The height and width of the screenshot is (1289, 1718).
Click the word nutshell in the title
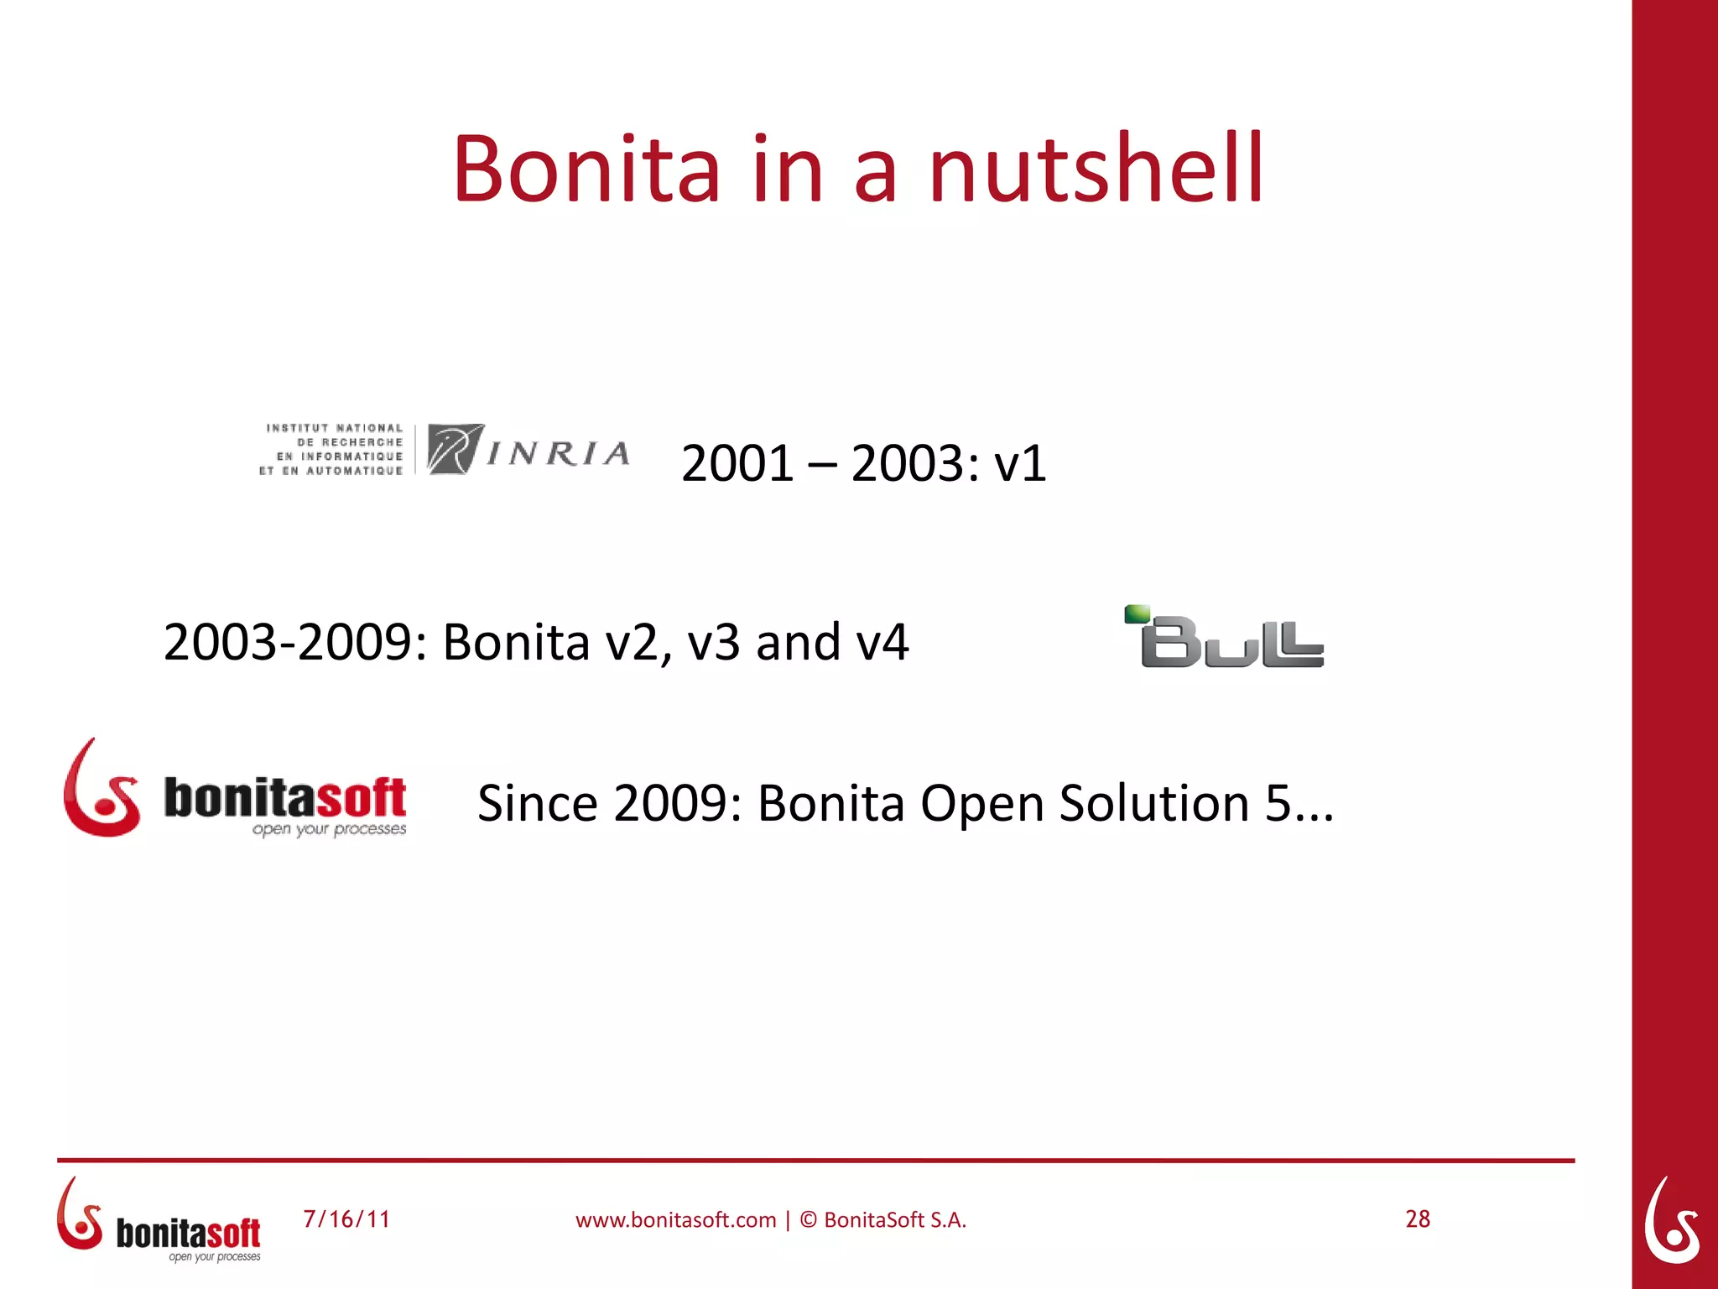(1095, 170)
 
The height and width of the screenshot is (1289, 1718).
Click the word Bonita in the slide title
(586, 170)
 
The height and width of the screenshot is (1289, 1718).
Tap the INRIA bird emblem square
(455, 450)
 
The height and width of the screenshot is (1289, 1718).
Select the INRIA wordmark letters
(558, 454)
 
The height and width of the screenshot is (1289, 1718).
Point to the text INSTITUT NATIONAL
(335, 428)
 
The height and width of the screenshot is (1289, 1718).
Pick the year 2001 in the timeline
(737, 464)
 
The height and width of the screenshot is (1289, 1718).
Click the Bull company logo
(1225, 638)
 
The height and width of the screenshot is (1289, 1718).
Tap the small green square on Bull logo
(1137, 613)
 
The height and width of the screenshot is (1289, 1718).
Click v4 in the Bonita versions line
(882, 643)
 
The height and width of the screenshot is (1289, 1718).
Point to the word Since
(537, 804)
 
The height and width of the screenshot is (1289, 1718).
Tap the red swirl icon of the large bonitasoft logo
(100, 791)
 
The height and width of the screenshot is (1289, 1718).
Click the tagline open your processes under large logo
(329, 829)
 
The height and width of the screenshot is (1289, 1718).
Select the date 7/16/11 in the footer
(346, 1219)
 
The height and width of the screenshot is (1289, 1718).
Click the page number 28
(1418, 1219)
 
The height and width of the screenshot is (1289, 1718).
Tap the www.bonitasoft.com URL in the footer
(675, 1220)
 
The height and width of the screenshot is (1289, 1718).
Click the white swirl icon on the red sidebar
(1672, 1220)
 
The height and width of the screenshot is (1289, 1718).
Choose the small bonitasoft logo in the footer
(159, 1221)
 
